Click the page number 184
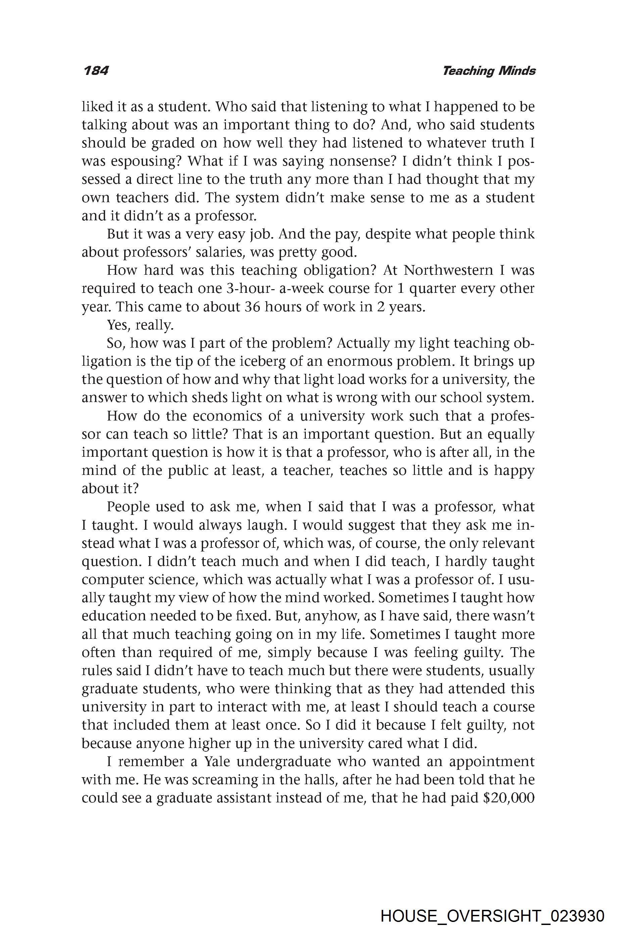point(96,71)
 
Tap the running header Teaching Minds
point(489,71)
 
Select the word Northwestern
point(448,270)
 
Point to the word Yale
point(219,761)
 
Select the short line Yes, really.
point(140,325)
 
